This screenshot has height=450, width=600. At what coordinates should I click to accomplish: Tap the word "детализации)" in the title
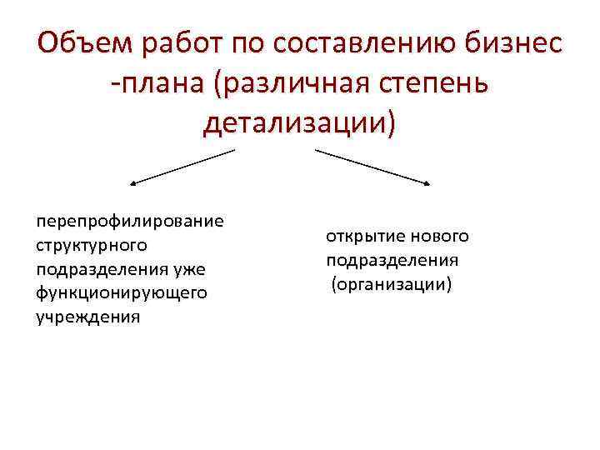tap(300, 124)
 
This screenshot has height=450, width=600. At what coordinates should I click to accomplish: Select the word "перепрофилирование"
tap(129, 222)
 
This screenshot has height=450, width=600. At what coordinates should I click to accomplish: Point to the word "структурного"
tap(92, 246)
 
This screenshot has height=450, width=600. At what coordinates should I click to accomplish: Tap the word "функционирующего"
tap(121, 293)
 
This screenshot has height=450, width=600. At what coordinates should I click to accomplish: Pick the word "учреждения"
tap(87, 317)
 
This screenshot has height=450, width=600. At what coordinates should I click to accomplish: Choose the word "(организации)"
tap(391, 284)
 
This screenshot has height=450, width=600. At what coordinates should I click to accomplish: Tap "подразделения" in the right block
tap(392, 260)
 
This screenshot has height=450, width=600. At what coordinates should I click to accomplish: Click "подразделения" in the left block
tap(102, 270)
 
